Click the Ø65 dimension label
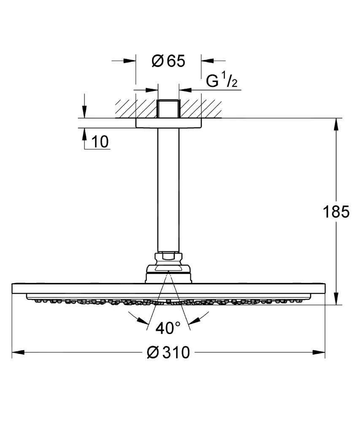coord(168,61)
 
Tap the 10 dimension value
coord(100,142)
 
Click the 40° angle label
coord(168,328)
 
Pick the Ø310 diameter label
coord(168,352)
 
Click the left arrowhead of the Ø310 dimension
coord(18,352)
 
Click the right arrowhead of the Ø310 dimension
coord(319,352)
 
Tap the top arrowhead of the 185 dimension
coord(336,124)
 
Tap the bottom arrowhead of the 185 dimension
coord(336,298)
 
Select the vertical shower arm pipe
coord(168,190)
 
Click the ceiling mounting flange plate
coord(168,122)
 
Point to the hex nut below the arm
coord(168,256)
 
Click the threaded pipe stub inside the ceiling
coord(168,109)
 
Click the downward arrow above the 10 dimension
coord(84,112)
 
